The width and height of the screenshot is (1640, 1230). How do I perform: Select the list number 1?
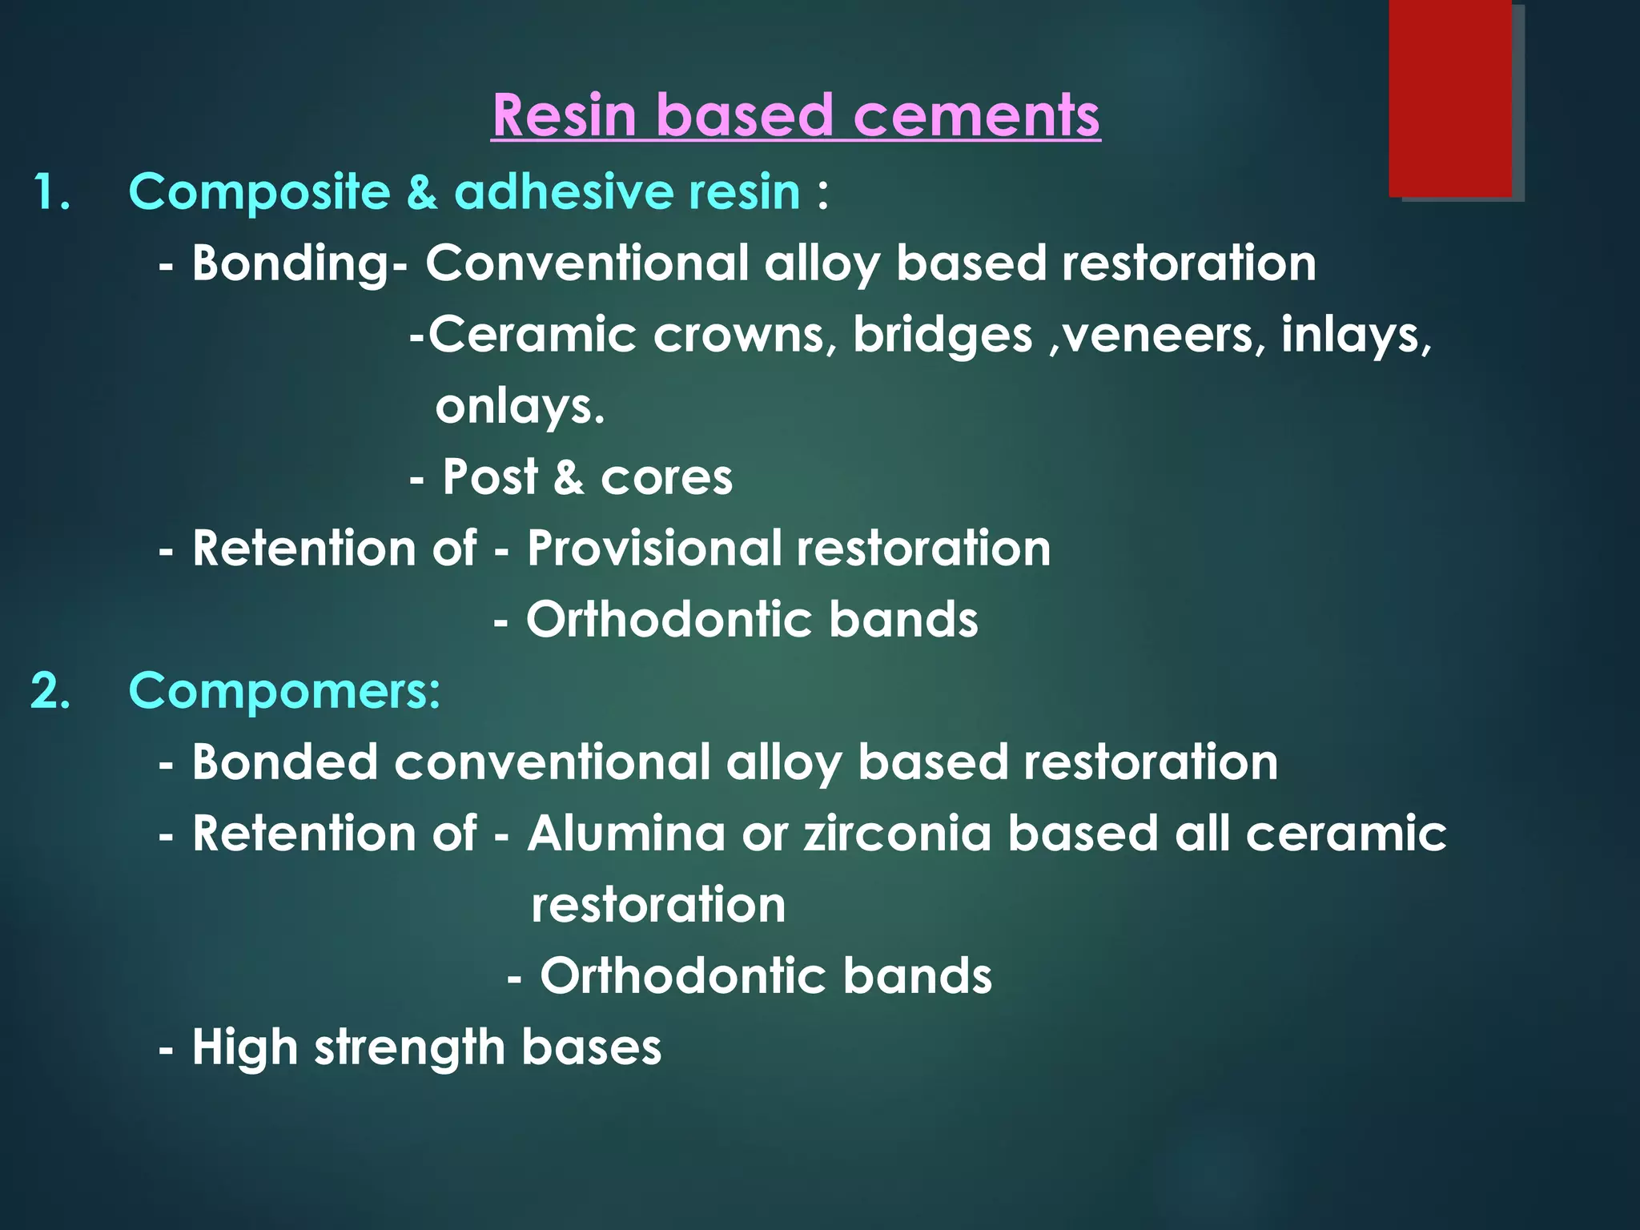[51, 192]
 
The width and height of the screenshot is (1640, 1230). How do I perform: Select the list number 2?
[51, 690]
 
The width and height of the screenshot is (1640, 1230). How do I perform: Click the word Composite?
[259, 192]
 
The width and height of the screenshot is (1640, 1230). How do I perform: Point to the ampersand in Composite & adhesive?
[421, 192]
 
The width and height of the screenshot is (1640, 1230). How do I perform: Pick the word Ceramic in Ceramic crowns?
[533, 335]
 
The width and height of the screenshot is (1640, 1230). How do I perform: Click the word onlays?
[518, 407]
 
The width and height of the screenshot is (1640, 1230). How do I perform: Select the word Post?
[489, 477]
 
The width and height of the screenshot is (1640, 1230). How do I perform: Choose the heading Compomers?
[284, 690]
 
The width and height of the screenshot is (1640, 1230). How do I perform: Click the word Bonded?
[284, 762]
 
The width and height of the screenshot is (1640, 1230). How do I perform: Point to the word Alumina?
[625, 833]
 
